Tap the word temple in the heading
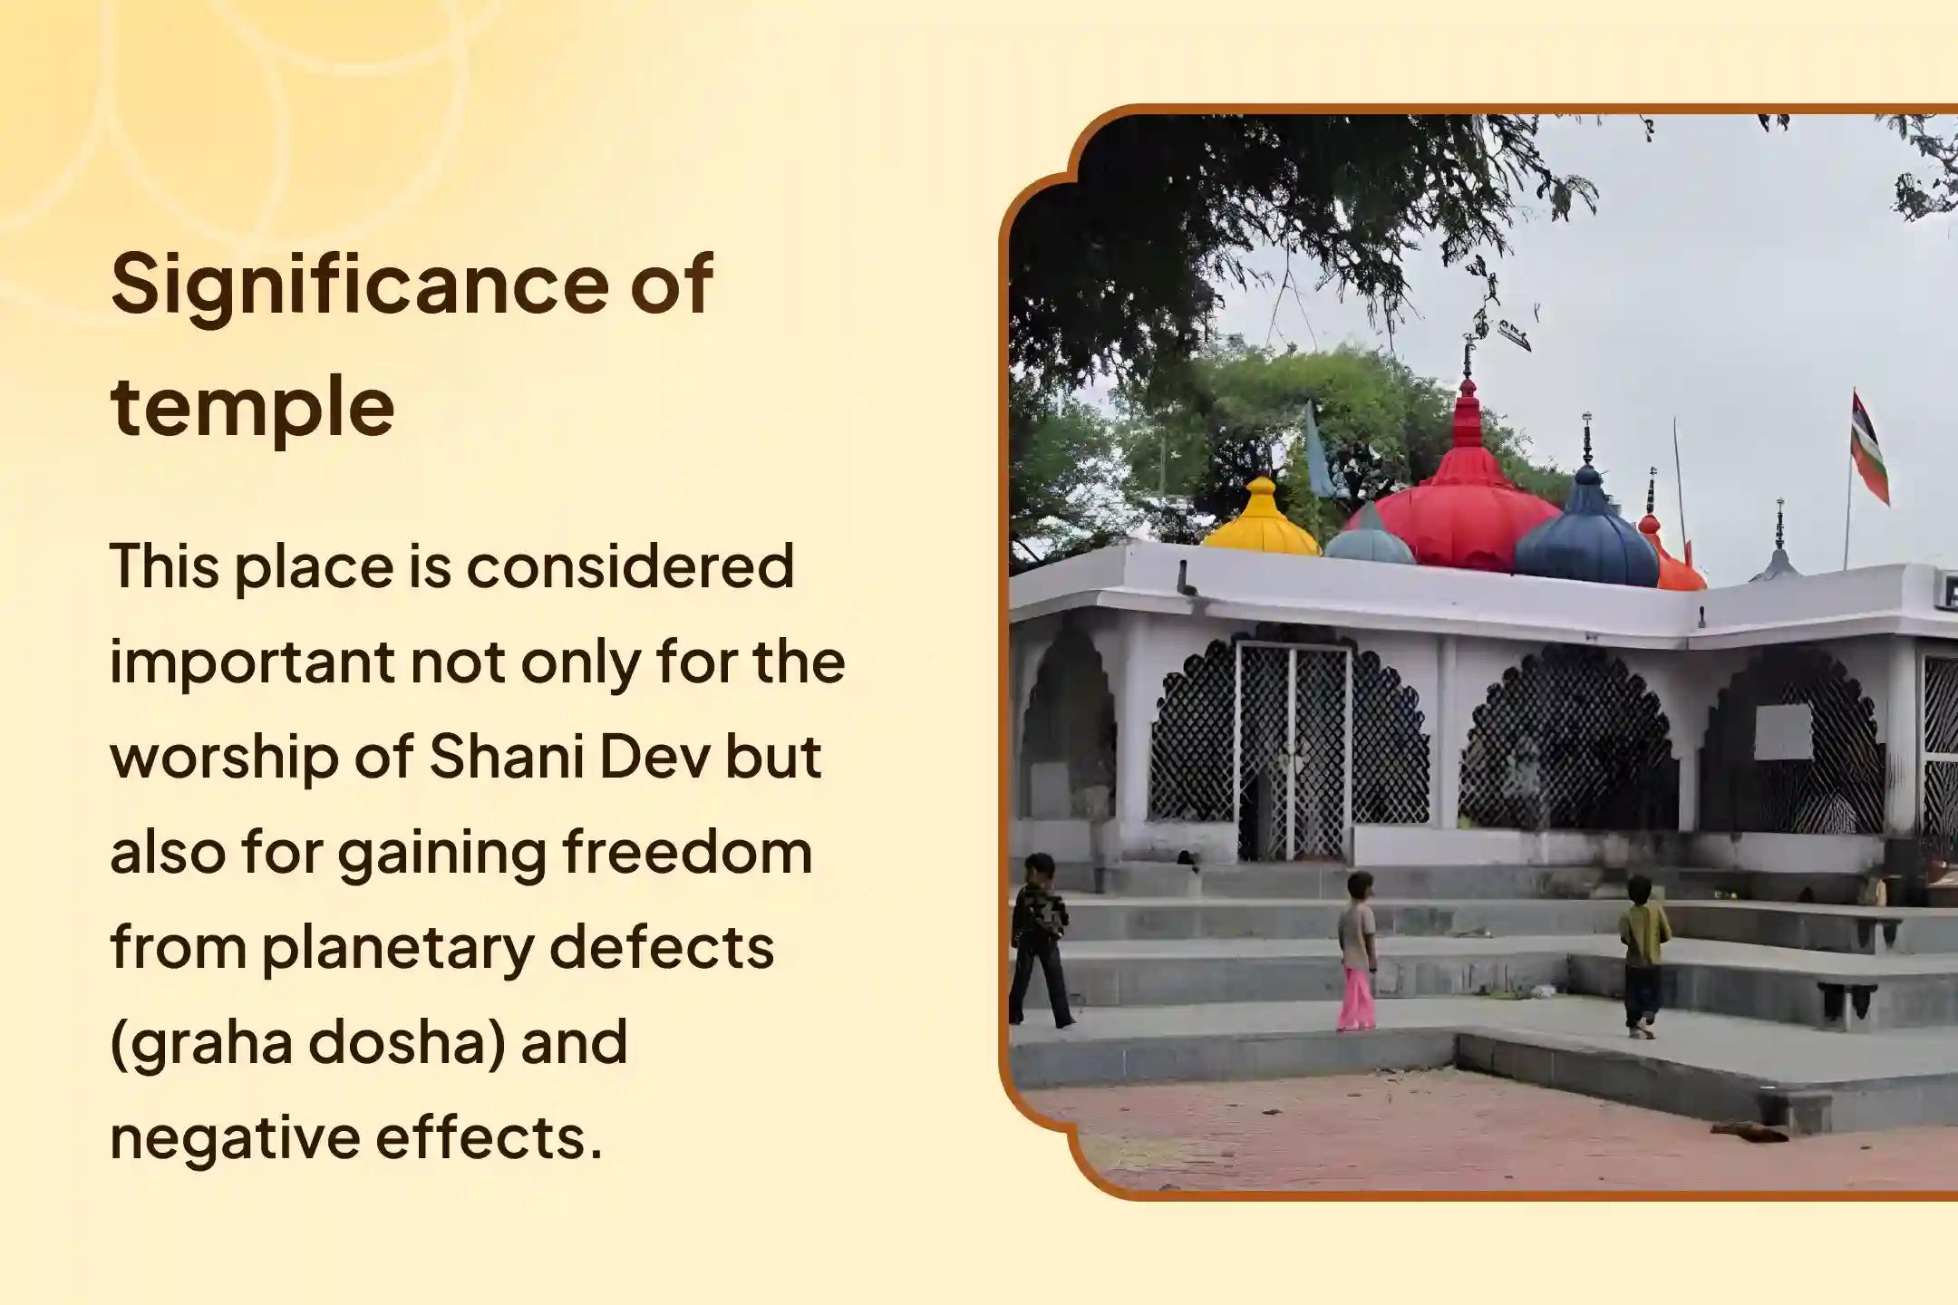253,407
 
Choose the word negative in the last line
235,1138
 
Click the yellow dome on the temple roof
1262,517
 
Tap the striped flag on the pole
1869,449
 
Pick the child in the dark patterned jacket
1040,941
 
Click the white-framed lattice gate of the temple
1293,750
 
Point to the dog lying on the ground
1749,1131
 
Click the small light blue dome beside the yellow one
1370,536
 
